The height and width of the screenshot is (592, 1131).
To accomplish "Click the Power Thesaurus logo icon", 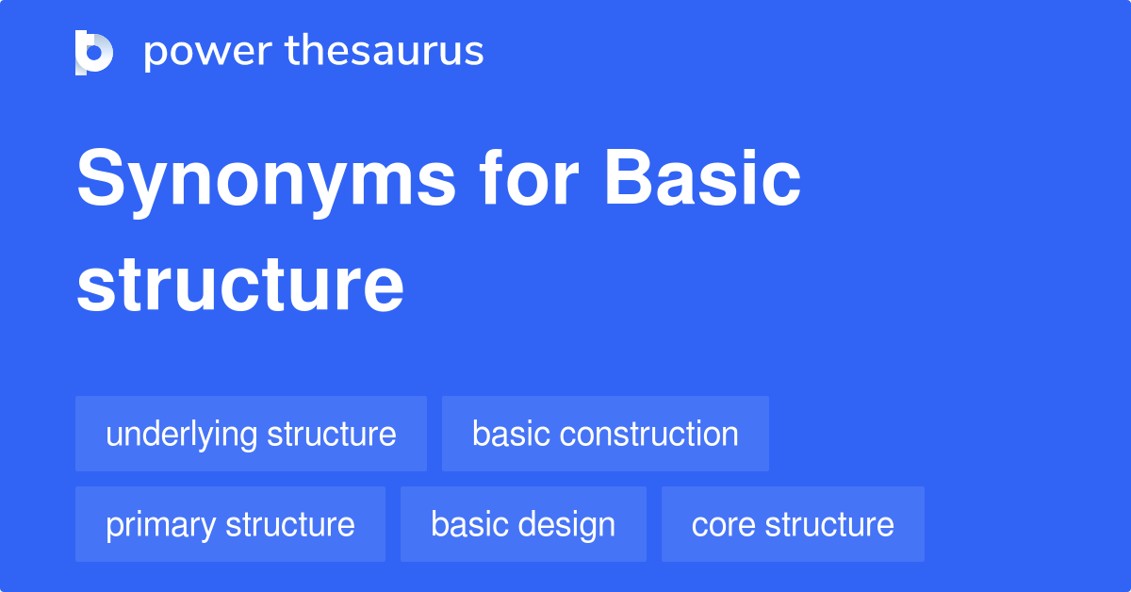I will click(x=94, y=52).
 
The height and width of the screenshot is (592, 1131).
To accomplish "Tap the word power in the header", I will click(x=205, y=52).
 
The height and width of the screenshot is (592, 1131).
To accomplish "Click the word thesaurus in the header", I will click(x=385, y=52).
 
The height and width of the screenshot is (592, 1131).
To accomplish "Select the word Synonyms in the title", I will click(x=266, y=181).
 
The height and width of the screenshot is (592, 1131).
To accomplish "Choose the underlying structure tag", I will click(x=251, y=434).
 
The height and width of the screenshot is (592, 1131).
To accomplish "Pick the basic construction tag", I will click(x=605, y=434).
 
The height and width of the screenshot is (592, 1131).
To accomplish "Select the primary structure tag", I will click(x=230, y=524).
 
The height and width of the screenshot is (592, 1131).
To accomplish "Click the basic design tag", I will click(x=523, y=524).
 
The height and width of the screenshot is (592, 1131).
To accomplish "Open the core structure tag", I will click(x=793, y=524).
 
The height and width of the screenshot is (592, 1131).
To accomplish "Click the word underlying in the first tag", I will click(x=181, y=435).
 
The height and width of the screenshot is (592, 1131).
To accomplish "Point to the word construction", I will click(x=648, y=434).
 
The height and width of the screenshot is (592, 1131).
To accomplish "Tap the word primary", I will click(x=160, y=524).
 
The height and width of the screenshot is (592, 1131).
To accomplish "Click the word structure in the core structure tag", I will click(x=829, y=524).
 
